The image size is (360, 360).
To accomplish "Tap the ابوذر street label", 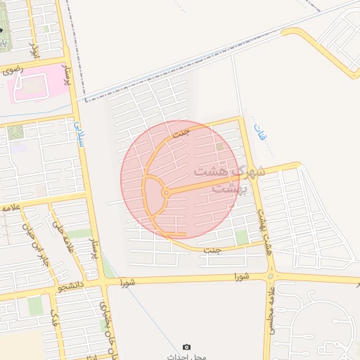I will tap(33, 49).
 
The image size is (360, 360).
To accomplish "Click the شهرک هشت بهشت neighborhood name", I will tap(229, 179).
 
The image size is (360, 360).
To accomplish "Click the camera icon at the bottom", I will tap(186, 347).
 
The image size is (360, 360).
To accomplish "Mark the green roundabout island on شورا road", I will tap(271, 276).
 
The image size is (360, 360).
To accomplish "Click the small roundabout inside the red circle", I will tap(166, 192).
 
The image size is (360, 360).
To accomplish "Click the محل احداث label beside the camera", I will tap(186, 356).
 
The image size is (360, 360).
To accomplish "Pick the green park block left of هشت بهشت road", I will tap(243, 238).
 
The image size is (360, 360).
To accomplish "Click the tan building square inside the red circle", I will tap(221, 146).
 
